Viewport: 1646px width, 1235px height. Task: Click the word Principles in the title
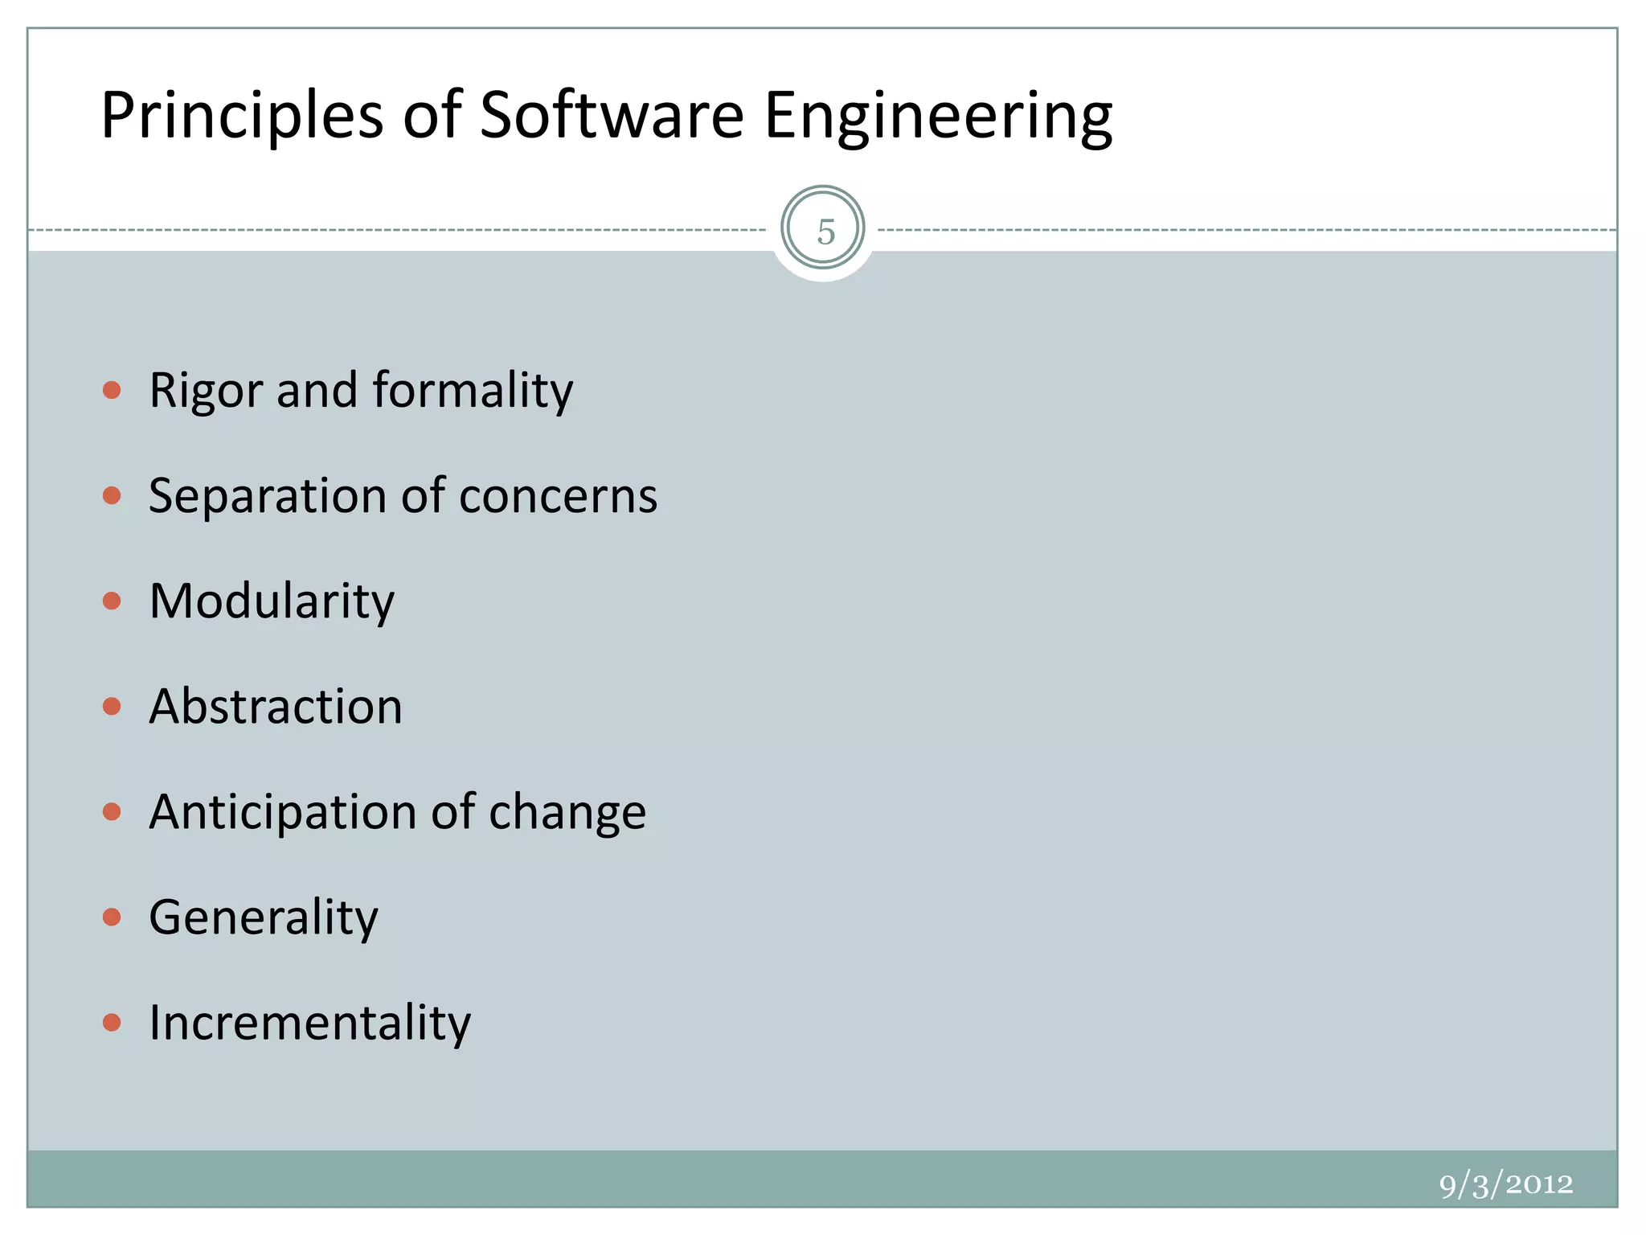242,116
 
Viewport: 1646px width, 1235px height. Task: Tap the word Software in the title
612,116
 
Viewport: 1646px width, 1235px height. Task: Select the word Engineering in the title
938,116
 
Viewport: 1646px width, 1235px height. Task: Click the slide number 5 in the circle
825,231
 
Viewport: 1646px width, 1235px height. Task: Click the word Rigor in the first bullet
206,391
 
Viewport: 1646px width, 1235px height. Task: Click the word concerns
558,495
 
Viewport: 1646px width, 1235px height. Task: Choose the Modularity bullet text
272,601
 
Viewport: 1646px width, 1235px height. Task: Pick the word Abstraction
276,707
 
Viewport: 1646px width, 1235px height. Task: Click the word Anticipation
283,812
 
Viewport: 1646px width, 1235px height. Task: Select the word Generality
264,917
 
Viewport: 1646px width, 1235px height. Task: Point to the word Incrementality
309,1023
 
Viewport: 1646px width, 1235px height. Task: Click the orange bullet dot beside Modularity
112,601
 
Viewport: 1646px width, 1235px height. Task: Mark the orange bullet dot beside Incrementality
112,1022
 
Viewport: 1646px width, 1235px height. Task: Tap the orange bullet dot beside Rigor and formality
112,391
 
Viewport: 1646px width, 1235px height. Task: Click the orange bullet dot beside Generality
112,917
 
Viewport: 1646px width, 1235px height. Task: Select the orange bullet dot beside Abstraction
112,706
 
